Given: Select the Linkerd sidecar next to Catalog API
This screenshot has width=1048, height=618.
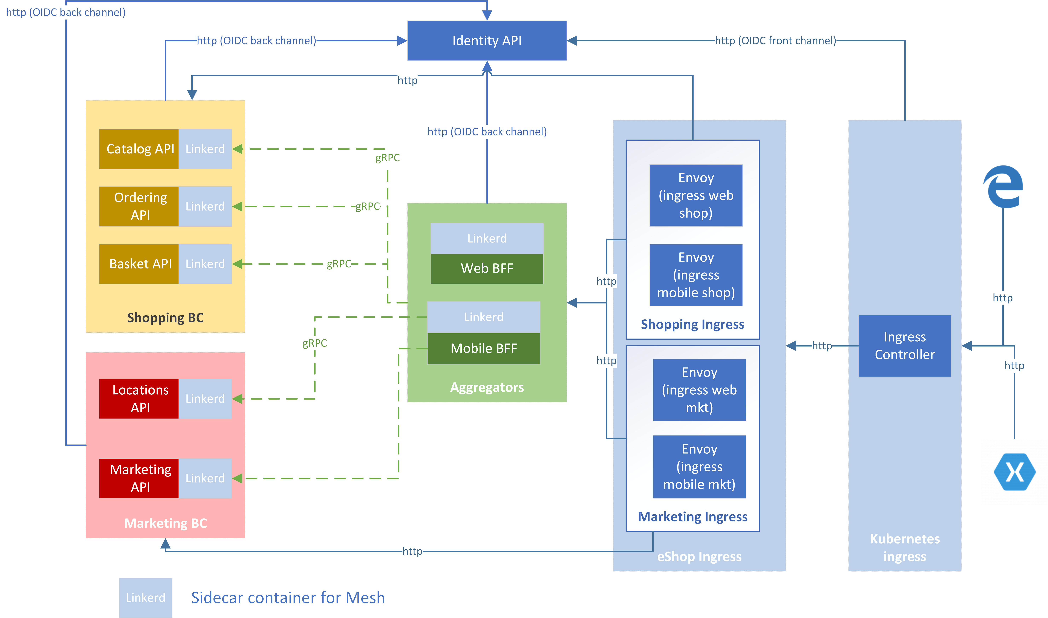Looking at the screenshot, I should [205, 149].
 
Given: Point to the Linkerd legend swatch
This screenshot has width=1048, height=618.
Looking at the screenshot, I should [145, 597].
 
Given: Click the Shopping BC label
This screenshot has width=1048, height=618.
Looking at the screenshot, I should [165, 318].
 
